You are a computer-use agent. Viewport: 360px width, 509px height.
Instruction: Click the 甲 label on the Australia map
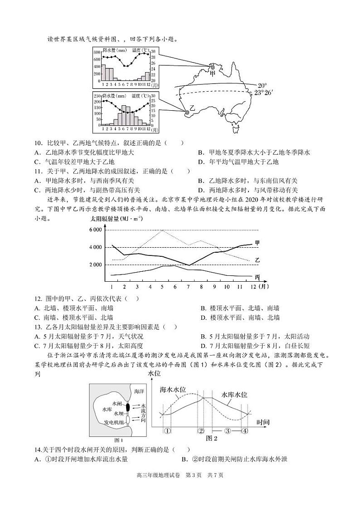coord(213,73)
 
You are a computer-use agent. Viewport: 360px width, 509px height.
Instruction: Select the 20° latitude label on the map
coord(263,85)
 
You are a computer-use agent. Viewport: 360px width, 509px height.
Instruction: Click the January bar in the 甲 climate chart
coord(103,72)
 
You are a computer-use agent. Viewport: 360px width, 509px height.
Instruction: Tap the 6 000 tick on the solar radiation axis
coord(96,230)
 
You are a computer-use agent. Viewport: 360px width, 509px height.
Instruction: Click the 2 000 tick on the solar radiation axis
coord(96,264)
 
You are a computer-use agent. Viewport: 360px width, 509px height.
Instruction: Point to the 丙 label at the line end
coord(258,277)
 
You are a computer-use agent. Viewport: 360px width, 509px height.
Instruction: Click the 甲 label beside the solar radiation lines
coord(258,243)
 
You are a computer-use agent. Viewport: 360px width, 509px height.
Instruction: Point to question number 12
coord(38,299)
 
